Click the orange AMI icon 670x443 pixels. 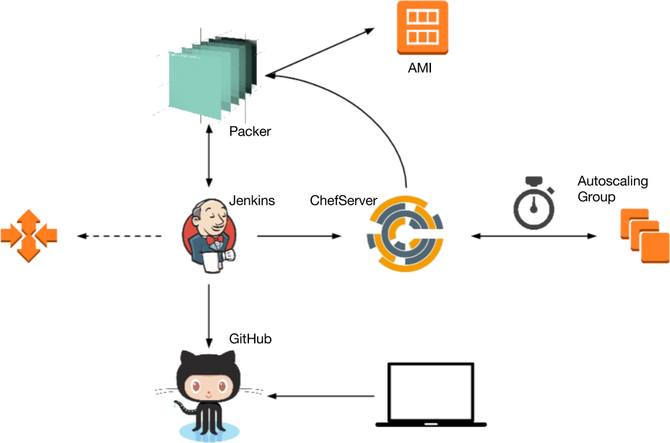[422, 27]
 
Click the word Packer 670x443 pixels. [250, 131]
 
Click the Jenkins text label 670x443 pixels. [252, 201]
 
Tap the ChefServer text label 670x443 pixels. [343, 200]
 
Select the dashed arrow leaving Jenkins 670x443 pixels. [120, 236]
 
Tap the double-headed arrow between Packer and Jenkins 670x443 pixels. [209, 159]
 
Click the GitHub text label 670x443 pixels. [250, 338]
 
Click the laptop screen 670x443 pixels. [431, 390]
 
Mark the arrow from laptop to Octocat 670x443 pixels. [322, 395]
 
